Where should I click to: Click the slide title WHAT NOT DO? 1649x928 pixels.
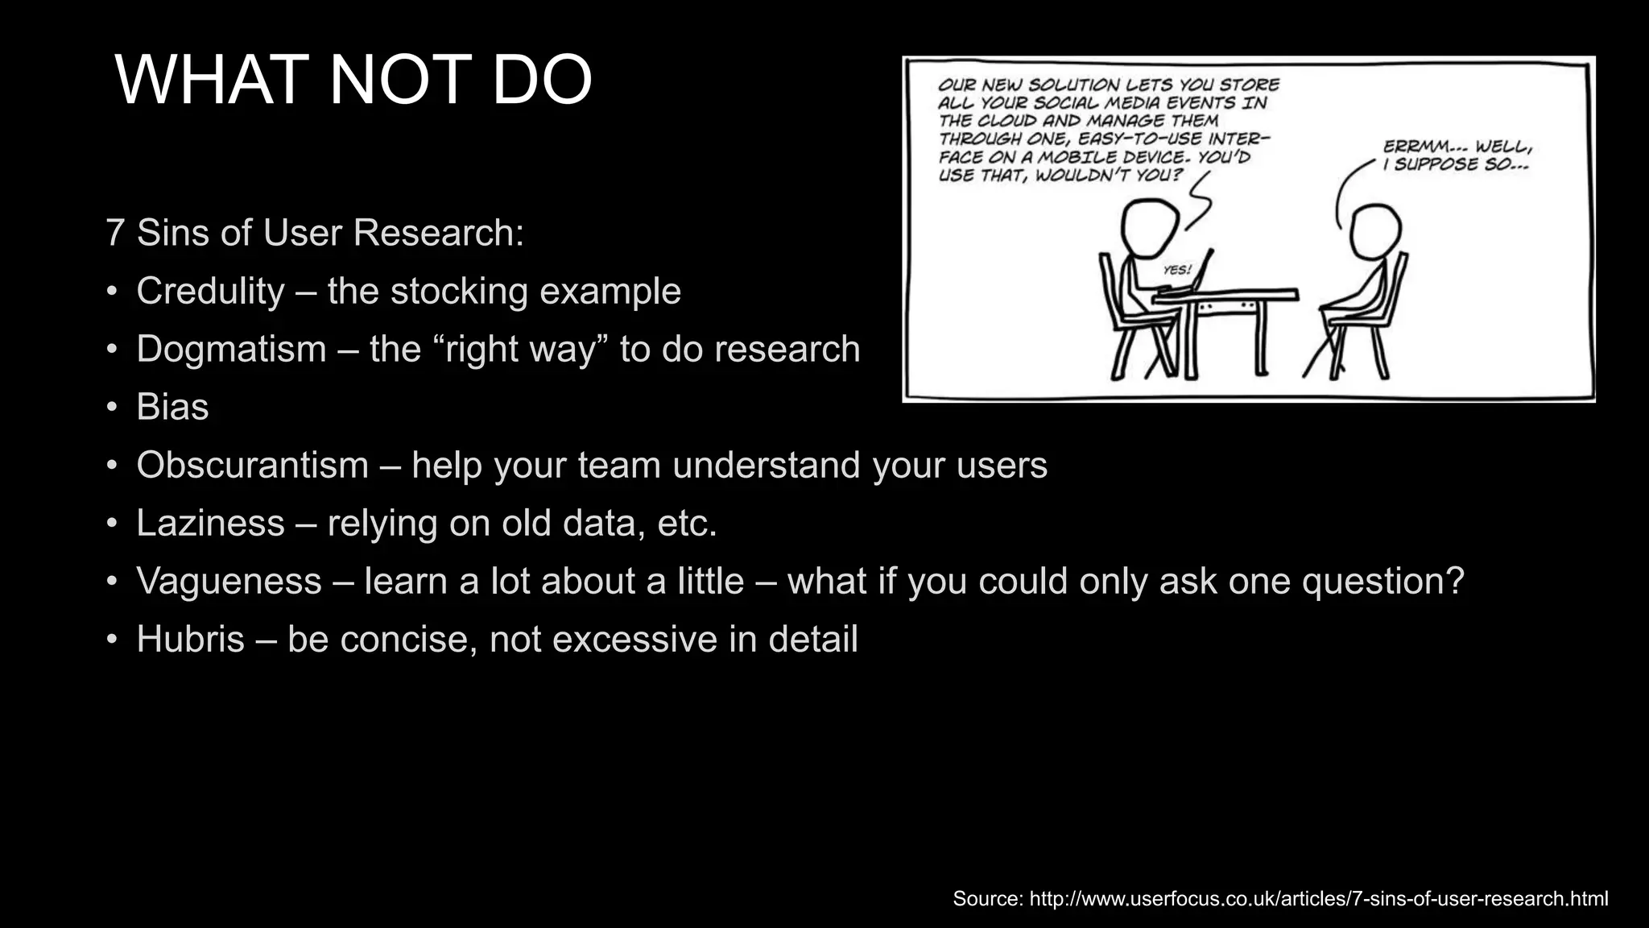353,80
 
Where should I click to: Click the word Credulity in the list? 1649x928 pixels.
210,291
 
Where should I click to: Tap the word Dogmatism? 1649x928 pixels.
231,349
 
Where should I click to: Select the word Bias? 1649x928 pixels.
172,407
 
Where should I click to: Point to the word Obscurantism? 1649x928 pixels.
252,465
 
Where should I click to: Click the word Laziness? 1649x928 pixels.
210,523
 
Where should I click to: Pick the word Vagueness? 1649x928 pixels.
229,581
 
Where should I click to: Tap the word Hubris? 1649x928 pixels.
190,639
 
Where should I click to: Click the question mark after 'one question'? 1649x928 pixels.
1454,581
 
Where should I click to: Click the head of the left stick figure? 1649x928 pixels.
1150,228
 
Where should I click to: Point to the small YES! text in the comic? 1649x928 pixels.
1177,271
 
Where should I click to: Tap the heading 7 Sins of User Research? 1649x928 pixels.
315,233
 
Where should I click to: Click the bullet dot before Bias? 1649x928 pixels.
113,407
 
